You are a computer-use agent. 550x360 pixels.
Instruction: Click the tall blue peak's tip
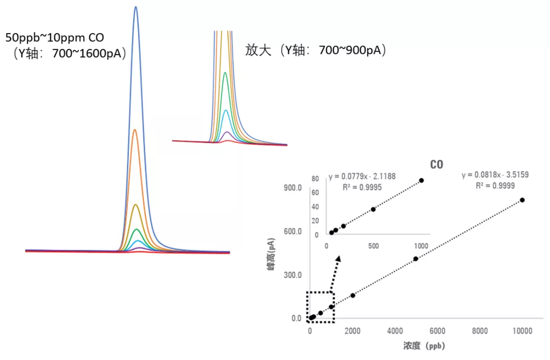[x=136, y=7]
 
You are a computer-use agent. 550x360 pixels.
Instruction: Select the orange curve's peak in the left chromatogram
[x=136, y=129]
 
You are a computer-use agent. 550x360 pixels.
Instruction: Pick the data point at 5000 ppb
[x=416, y=259]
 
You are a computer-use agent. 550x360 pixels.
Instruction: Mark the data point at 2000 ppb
[x=353, y=295]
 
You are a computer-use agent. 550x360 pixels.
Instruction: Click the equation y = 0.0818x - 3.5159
[x=495, y=175]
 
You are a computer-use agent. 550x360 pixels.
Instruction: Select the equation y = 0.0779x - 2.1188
[x=362, y=176]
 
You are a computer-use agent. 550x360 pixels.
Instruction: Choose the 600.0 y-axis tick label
[x=292, y=232]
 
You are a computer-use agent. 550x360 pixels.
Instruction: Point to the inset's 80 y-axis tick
[x=315, y=178]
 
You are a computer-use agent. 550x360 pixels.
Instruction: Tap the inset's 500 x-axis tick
[x=373, y=245]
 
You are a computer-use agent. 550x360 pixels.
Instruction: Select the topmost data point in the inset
[x=422, y=180]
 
